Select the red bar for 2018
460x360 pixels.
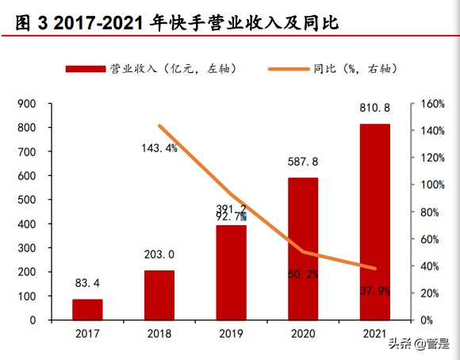(x=159, y=295)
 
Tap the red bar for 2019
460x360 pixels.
(x=231, y=272)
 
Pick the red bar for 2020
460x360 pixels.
(x=302, y=248)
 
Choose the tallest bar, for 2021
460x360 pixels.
(x=374, y=221)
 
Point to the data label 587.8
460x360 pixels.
(x=303, y=161)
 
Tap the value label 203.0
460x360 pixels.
(x=159, y=255)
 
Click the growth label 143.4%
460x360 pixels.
(x=159, y=148)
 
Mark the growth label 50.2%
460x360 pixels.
(x=302, y=274)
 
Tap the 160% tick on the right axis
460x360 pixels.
(x=431, y=104)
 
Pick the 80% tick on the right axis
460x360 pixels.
(x=429, y=212)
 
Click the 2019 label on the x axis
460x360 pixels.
(x=231, y=335)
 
